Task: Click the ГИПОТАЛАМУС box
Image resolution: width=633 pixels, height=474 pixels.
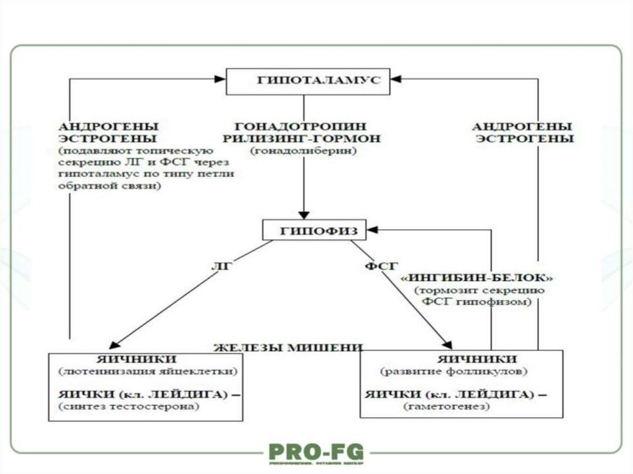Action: (308, 82)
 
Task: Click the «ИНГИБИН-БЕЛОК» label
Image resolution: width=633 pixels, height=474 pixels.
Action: (476, 277)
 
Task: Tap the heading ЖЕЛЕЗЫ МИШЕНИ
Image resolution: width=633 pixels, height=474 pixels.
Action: (287, 347)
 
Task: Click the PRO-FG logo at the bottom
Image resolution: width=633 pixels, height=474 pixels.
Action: (316, 452)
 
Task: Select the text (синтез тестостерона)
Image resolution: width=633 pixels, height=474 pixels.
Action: (130, 407)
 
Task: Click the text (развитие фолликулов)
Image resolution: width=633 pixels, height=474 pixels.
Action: (454, 371)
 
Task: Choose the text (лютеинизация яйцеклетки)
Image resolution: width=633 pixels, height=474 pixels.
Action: (148, 371)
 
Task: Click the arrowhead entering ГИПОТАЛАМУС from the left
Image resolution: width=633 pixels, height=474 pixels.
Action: (220, 78)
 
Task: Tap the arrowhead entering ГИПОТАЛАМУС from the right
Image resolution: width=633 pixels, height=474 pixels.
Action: (396, 78)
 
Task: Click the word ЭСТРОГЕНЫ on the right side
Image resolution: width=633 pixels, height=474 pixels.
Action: (524, 138)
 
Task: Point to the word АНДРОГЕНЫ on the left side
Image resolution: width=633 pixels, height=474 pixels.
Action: (108, 125)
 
